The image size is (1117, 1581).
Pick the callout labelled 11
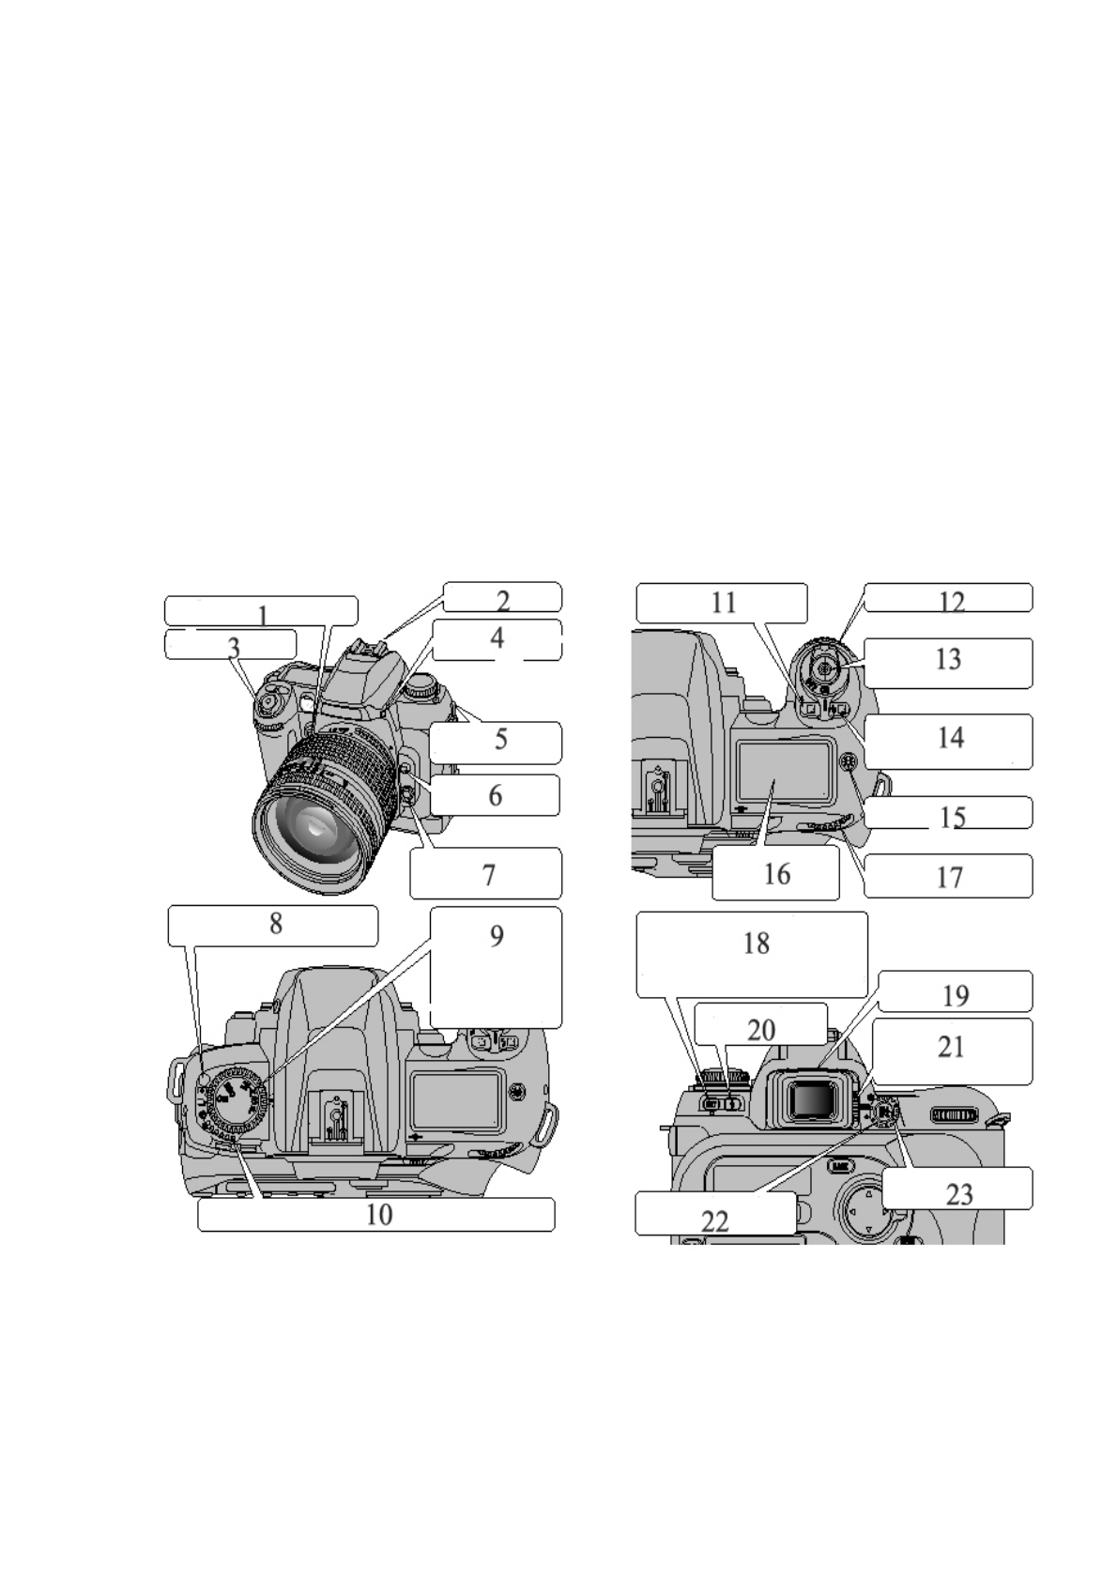pyautogui.click(x=722, y=603)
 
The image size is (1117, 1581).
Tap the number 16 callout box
pyautogui.click(x=776, y=874)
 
